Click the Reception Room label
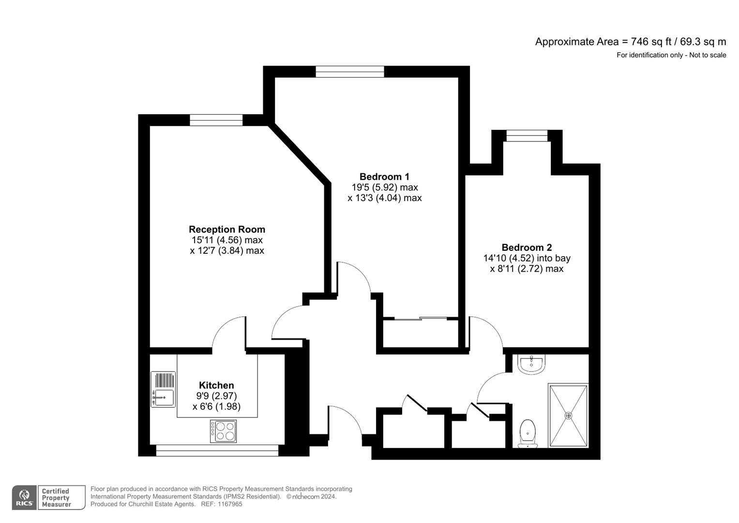pyautogui.click(x=226, y=230)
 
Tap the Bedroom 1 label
pyautogui.click(x=384, y=177)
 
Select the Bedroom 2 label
pyautogui.click(x=527, y=247)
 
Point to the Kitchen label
pyautogui.click(x=216, y=385)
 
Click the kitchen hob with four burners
pyautogui.click(x=224, y=431)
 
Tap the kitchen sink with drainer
pyautogui.click(x=163, y=389)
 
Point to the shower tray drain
pyautogui.click(x=568, y=415)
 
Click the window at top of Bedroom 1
pyautogui.click(x=349, y=72)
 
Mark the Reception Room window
pyautogui.click(x=216, y=120)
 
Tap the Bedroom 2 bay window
pyautogui.click(x=527, y=136)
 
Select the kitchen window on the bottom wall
pyautogui.click(x=217, y=450)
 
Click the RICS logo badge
pyautogui.click(x=24, y=498)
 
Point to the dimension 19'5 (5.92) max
pyautogui.click(x=384, y=187)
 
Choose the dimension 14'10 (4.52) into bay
pyautogui.click(x=527, y=258)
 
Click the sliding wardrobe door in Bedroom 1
pyautogui.click(x=420, y=319)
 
